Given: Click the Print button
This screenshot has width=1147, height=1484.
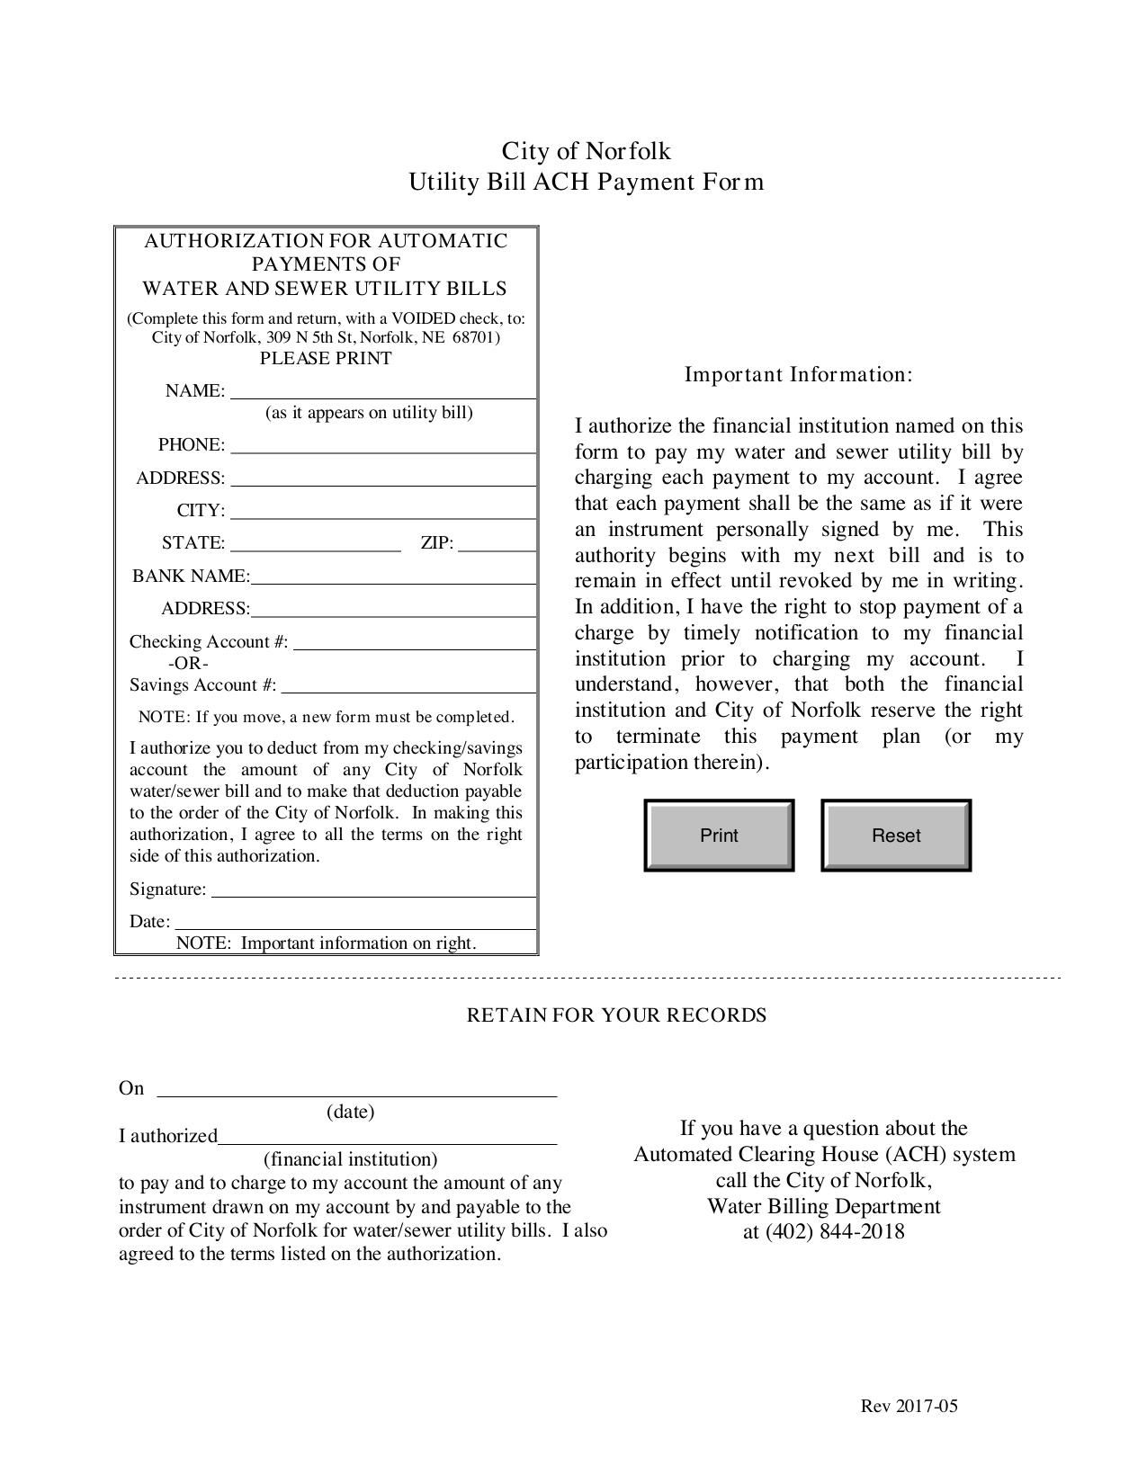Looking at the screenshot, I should click(x=719, y=836).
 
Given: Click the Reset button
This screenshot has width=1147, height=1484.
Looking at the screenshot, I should click(x=896, y=836).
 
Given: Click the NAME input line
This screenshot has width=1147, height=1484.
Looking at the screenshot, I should click(x=382, y=390).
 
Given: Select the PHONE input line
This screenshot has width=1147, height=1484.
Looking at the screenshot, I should click(x=382, y=445).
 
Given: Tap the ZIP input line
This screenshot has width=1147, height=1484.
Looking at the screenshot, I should click(x=497, y=543).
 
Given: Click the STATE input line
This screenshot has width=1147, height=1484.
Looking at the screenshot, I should click(x=315, y=543).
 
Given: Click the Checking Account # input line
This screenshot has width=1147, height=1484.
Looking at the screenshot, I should click(x=414, y=641).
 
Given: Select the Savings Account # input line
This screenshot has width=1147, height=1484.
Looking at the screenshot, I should click(x=408, y=684).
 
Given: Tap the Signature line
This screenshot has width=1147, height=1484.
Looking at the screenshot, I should click(x=373, y=889).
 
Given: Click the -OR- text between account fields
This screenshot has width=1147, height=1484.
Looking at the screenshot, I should click(x=188, y=664).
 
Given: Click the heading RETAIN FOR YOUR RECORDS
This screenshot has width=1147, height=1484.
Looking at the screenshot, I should click(x=616, y=1015).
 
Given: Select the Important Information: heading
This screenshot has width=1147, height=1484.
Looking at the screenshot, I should click(x=798, y=374).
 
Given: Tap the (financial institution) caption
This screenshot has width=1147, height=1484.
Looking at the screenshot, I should click(x=350, y=1159).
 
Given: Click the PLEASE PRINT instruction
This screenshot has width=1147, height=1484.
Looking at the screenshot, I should click(x=326, y=359).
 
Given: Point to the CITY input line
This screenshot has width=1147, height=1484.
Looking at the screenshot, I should click(x=382, y=511).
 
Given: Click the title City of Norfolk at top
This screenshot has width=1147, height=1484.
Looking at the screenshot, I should click(x=586, y=150).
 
